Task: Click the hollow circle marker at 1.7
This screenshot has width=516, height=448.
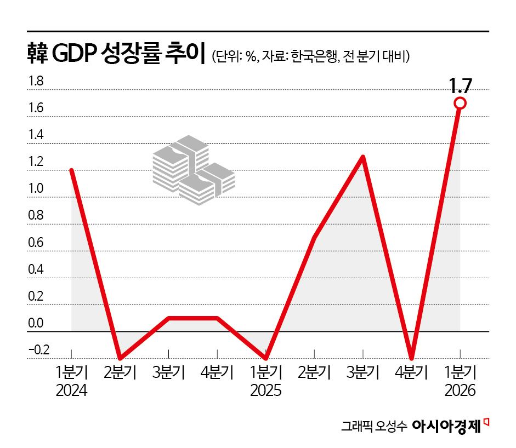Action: coord(460,103)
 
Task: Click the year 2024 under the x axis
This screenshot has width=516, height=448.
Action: coord(72,391)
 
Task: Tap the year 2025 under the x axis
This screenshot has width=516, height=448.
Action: coord(266,391)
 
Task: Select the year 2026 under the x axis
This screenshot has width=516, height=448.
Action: coord(460,391)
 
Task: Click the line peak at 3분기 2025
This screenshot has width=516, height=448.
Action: coord(363,157)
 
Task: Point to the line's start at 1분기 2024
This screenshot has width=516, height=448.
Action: coord(72,170)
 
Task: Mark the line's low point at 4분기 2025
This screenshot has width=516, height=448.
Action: coord(411,358)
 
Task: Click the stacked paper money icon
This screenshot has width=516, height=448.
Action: coord(193,170)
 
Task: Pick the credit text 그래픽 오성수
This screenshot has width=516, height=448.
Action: coord(373,426)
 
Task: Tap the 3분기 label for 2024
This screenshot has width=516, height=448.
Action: coord(169,373)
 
